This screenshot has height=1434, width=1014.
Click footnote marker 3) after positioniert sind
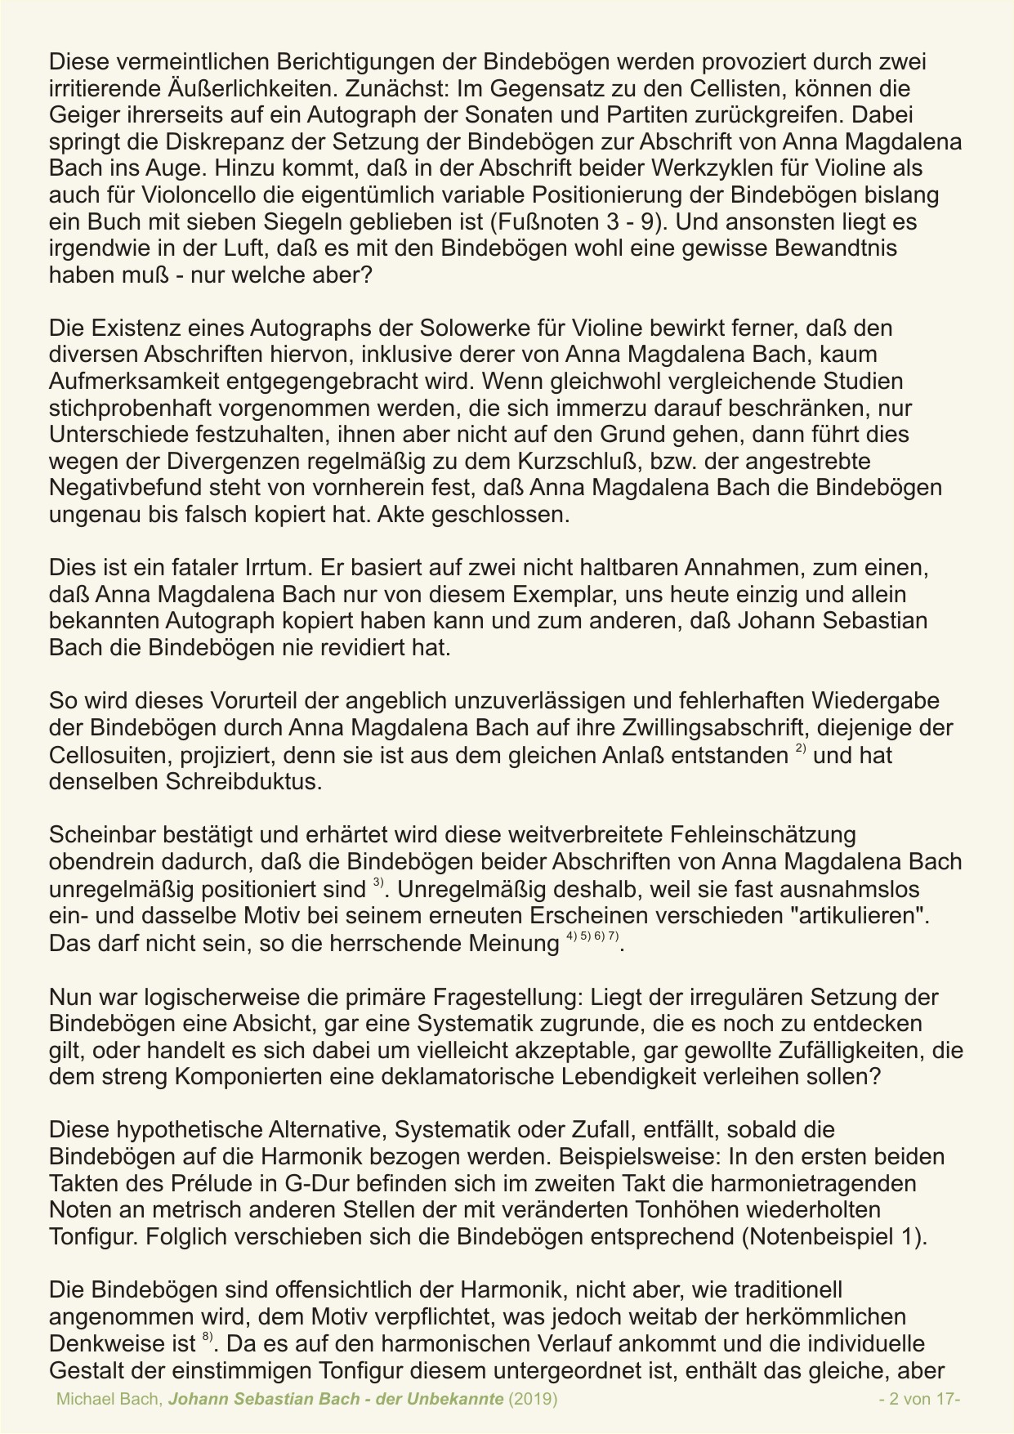[378, 883]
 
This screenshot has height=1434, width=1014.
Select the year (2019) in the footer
[533, 1400]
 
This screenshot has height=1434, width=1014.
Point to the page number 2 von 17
[918, 1400]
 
